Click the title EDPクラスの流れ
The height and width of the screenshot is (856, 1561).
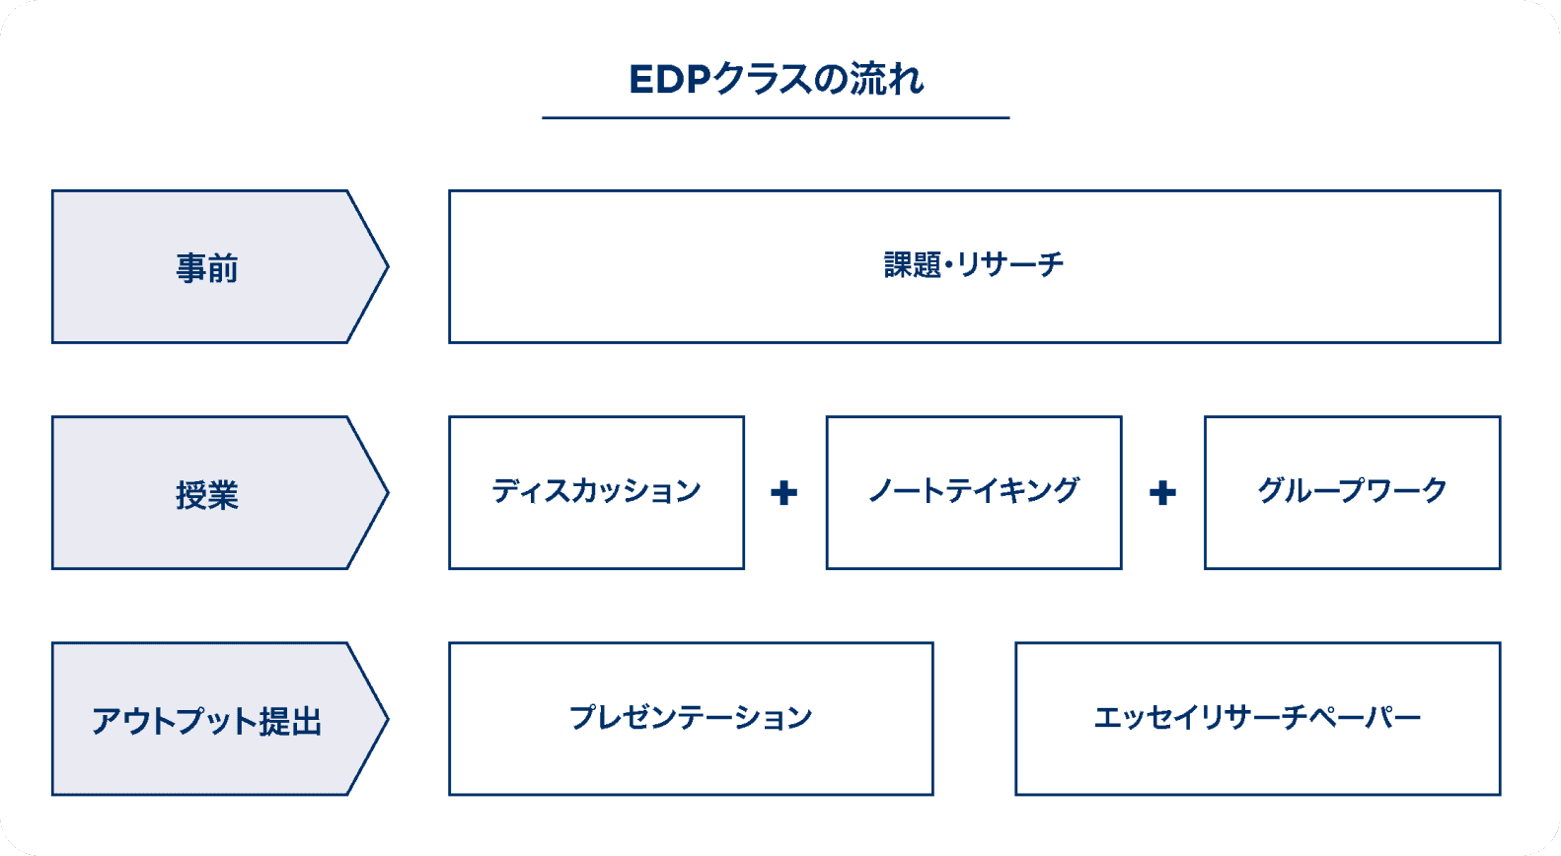[x=776, y=79]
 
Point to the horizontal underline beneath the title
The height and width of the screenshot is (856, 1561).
[x=776, y=118]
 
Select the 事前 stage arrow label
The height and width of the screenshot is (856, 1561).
[x=207, y=268]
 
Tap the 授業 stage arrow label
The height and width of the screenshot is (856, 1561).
[x=207, y=494]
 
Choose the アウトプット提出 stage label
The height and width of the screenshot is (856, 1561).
[x=207, y=721]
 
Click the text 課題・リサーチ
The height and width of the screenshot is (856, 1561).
[x=973, y=265]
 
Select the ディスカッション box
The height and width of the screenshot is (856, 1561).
[x=596, y=492]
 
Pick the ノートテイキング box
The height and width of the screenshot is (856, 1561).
[x=973, y=492]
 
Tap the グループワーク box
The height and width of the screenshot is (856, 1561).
[x=1352, y=492]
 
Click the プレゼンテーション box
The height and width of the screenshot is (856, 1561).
[x=691, y=718]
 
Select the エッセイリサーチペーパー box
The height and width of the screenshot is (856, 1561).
[x=1257, y=718]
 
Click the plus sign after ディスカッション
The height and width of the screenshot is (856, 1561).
[x=784, y=493]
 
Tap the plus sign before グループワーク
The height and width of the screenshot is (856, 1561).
[x=1162, y=493]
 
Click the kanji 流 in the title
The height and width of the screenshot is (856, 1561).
[x=868, y=79]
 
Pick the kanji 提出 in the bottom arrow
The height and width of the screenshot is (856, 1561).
[x=290, y=722]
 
